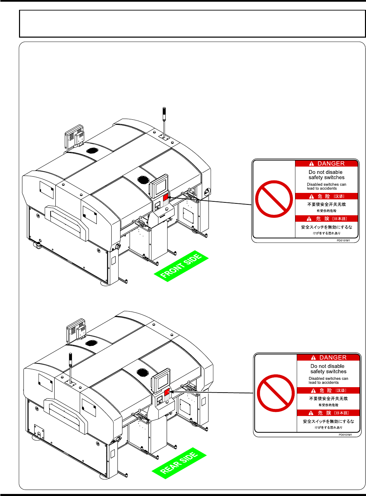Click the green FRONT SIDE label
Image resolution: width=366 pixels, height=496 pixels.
pos(181,266)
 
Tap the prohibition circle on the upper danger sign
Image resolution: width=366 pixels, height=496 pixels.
pos(274,199)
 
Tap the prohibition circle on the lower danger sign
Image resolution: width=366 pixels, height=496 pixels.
pos(276,393)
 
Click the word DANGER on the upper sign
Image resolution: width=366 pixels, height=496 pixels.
pos(331,163)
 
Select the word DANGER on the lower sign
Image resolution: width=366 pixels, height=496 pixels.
pos(333,358)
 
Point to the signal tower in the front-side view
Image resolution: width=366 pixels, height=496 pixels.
pos(164,122)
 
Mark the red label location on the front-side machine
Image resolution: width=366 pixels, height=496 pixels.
pos(166,197)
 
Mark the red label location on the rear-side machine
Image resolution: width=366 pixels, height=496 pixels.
pos(167,392)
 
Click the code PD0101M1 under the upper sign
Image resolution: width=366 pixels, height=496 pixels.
pos(343,240)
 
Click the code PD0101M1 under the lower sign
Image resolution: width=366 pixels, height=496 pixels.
pos(345,435)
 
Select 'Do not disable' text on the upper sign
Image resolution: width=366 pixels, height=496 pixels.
pos(325,172)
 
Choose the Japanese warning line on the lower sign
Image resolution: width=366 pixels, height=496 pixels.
pos(328,421)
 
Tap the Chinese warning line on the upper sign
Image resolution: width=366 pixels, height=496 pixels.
pos(326,204)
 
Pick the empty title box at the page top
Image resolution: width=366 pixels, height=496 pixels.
pos(192,23)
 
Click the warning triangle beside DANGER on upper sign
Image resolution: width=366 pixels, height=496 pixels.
pos(311,164)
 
